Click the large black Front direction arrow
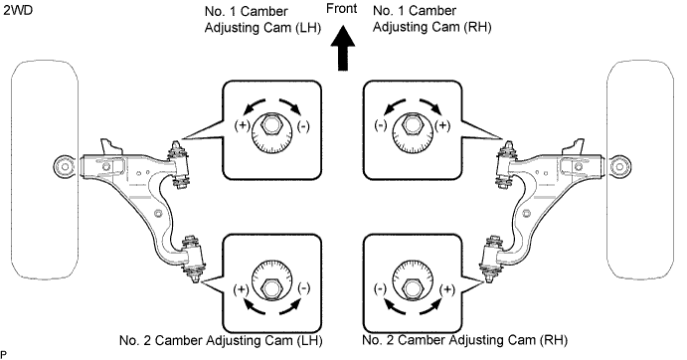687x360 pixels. [x=343, y=48]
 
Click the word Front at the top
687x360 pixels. [x=342, y=8]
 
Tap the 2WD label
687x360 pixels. [x=18, y=10]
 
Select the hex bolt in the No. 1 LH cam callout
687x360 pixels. [x=270, y=124]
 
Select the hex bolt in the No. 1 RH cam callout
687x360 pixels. [x=412, y=124]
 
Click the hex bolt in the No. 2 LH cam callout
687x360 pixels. [x=270, y=287]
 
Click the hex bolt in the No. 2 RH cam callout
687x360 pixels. [x=412, y=287]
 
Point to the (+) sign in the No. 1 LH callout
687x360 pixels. [x=242, y=126]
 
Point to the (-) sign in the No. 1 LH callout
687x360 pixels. [x=303, y=126]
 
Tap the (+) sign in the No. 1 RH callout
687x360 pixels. [x=442, y=126]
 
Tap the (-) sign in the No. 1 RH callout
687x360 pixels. [x=381, y=126]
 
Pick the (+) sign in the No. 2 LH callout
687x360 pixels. [x=241, y=289]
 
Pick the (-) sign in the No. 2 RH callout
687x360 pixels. [x=380, y=289]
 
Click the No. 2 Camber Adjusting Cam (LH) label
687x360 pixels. [x=221, y=340]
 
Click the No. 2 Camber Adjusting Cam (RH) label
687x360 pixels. [x=465, y=340]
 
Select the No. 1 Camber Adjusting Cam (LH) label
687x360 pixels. [x=262, y=19]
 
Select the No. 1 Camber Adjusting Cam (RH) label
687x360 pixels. [x=432, y=19]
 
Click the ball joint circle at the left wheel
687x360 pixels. [x=65, y=167]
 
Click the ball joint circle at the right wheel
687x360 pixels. [x=619, y=167]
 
